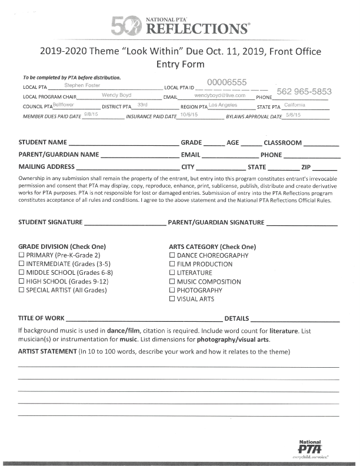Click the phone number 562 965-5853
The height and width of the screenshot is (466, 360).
pos(304,92)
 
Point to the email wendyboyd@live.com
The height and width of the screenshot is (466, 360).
pos(219,95)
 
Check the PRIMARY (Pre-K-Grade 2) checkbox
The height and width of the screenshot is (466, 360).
pos(22,255)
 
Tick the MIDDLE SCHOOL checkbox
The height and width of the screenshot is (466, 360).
pos(22,272)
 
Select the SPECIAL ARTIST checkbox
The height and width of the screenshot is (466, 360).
pos(22,290)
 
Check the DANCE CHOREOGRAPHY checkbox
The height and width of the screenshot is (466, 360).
pos(172,255)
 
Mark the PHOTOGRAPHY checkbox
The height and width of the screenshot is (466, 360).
pos(172,290)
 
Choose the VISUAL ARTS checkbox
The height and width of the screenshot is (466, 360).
pos(172,299)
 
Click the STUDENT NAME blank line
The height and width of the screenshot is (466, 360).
pos(124,144)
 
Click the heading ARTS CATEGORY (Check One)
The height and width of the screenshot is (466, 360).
pos(212,247)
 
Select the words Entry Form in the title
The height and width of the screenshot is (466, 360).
pos(179,64)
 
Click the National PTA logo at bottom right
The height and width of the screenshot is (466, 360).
pos(310,447)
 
